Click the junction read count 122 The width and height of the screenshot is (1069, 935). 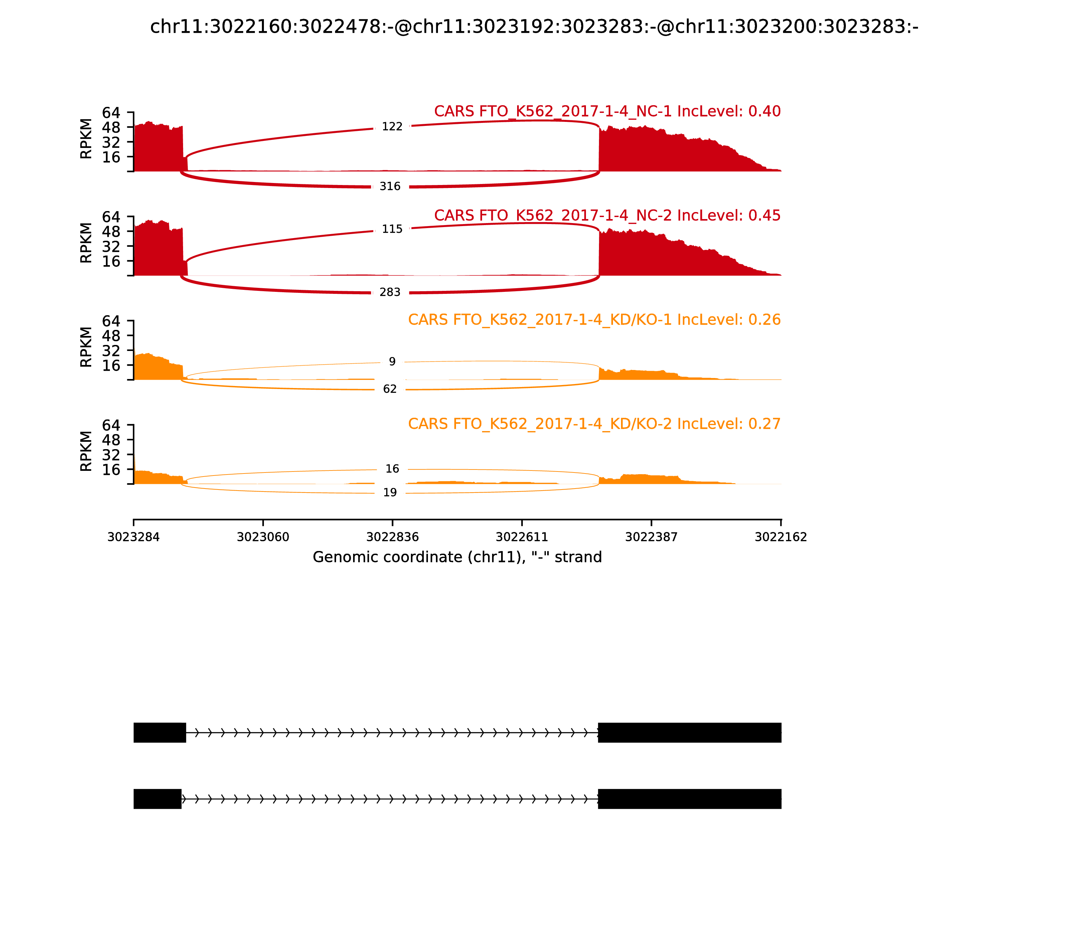[x=392, y=127]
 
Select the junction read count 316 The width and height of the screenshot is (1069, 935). [x=390, y=186]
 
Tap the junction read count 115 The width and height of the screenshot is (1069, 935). [x=392, y=229]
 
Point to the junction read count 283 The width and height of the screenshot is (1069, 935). [x=390, y=292]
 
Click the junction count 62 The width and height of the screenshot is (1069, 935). [x=390, y=389]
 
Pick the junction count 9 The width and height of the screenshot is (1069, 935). [x=392, y=362]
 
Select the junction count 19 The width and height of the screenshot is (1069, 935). [x=390, y=493]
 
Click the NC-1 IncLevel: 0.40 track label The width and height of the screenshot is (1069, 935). [x=607, y=111]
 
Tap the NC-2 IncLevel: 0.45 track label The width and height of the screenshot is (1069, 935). [x=607, y=215]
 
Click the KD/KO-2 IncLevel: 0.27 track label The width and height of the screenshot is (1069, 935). [x=594, y=424]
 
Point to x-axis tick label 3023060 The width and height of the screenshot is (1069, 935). [x=263, y=537]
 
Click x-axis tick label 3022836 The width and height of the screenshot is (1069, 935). [x=393, y=537]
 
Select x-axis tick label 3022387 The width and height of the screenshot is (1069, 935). [x=651, y=537]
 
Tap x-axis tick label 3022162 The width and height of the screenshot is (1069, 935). [x=781, y=537]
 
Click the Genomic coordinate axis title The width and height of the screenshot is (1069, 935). [x=457, y=557]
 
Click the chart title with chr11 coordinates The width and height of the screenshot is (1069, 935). [x=534, y=27]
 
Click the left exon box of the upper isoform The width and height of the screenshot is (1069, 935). [x=160, y=733]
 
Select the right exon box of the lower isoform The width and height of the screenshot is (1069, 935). [x=690, y=799]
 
